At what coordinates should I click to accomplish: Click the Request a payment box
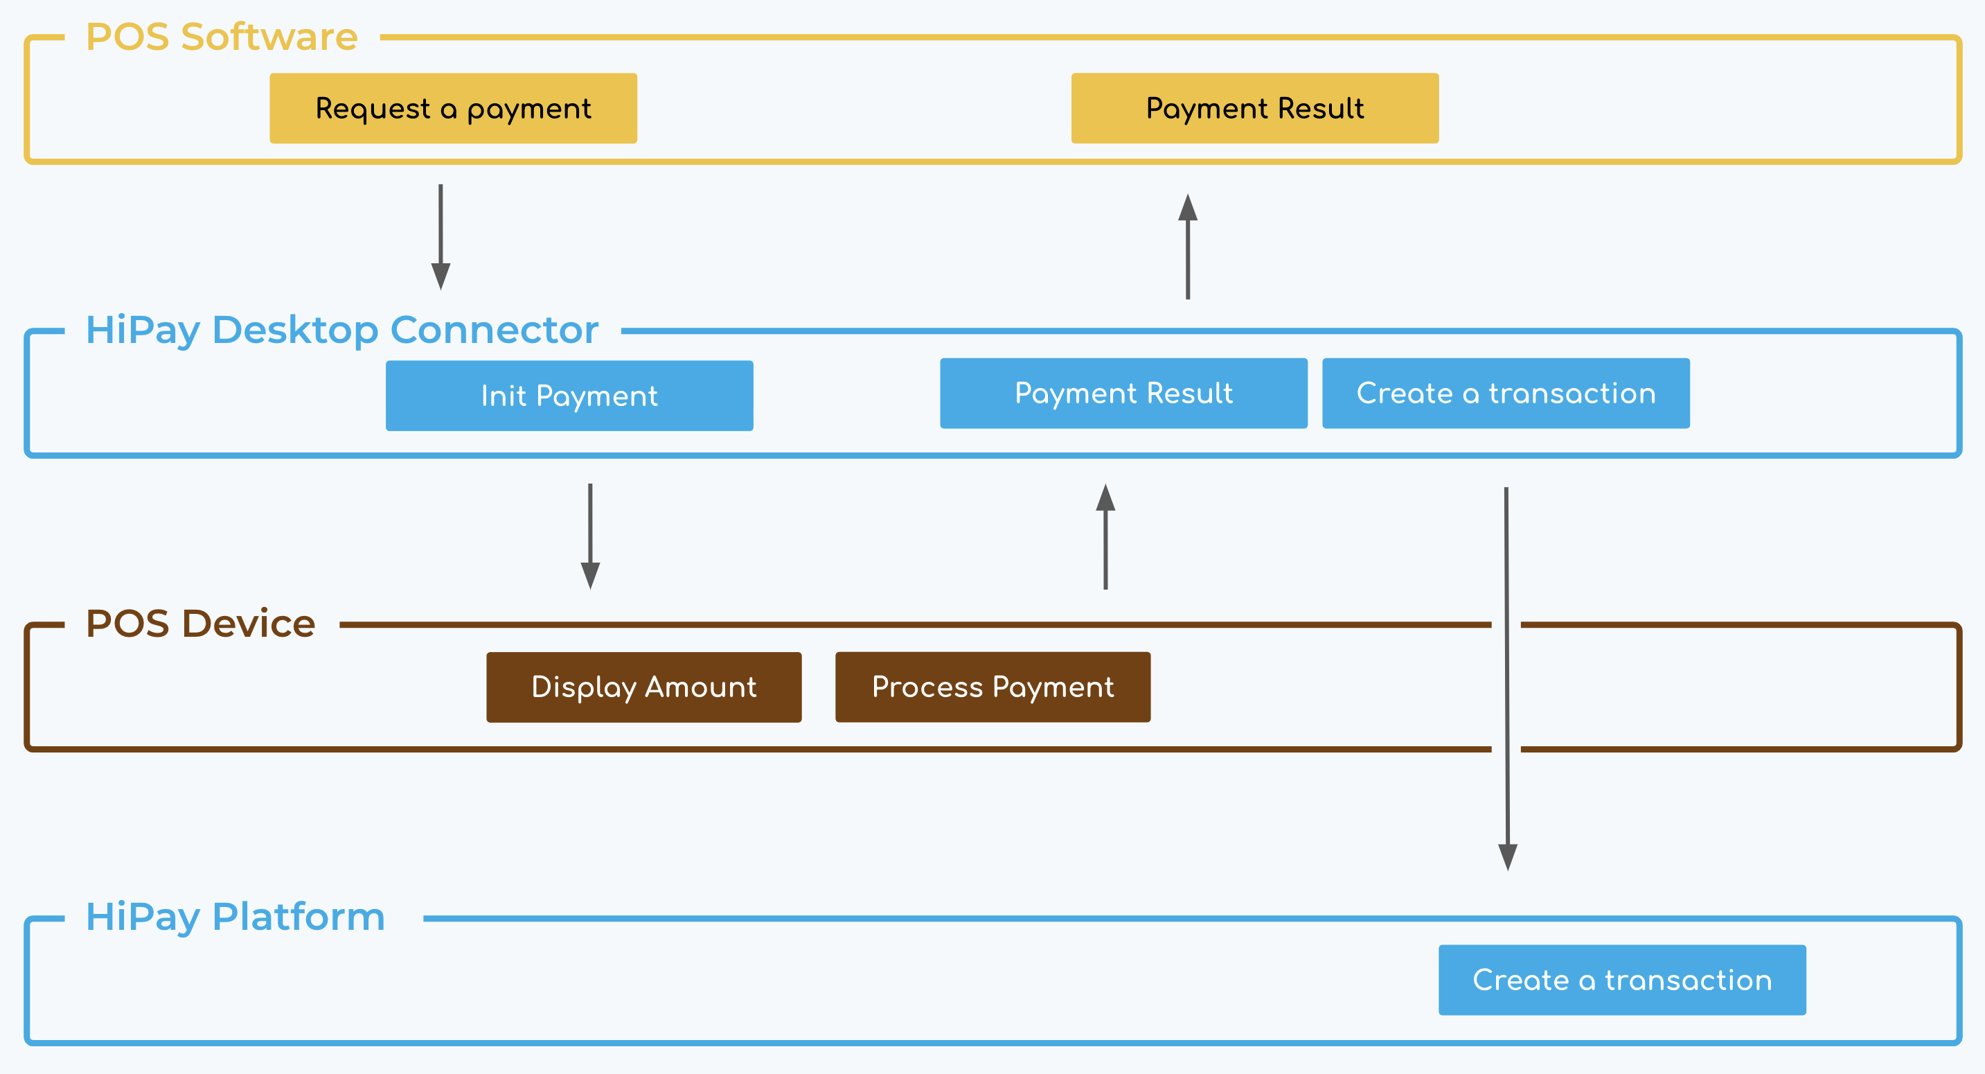click(x=453, y=108)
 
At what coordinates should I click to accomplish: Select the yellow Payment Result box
click(x=1254, y=108)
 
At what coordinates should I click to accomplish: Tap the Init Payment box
click(x=569, y=396)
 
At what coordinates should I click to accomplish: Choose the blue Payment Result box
click(x=1123, y=393)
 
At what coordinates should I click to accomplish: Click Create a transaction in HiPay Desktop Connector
click(x=1506, y=393)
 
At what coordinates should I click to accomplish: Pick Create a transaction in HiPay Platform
click(x=1621, y=979)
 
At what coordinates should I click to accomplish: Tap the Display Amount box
click(x=643, y=686)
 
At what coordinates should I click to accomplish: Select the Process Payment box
click(x=993, y=686)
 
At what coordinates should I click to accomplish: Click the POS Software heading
click(x=222, y=36)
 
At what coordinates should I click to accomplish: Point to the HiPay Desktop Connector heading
click(x=341, y=330)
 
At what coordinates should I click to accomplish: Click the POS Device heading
click(x=200, y=623)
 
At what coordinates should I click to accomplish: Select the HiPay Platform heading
click(x=235, y=917)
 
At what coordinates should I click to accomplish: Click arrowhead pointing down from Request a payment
click(x=440, y=275)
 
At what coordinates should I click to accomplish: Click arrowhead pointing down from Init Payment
click(x=590, y=575)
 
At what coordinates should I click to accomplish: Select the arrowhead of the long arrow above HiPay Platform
click(x=1507, y=856)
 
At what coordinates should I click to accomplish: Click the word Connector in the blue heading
click(x=494, y=330)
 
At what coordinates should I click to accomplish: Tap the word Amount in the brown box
click(x=700, y=686)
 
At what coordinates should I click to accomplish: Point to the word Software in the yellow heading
click(x=269, y=36)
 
